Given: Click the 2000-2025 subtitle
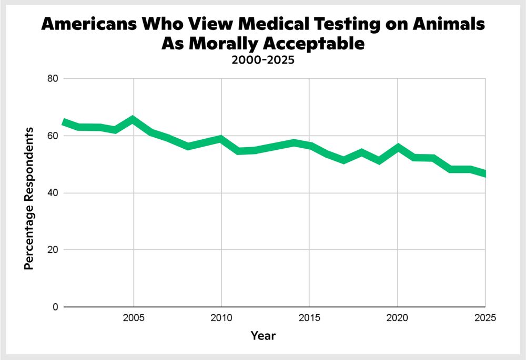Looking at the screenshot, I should click(x=262, y=60).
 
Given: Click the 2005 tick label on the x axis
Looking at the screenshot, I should click(x=134, y=318).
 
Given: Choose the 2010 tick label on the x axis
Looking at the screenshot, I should click(x=221, y=318).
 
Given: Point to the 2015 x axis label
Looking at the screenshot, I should click(x=309, y=318).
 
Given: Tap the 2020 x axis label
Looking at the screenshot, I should click(x=397, y=318).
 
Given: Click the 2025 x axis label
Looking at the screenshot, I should click(x=484, y=318).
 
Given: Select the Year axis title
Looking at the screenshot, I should click(x=262, y=335).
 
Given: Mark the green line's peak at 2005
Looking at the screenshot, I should click(x=134, y=119).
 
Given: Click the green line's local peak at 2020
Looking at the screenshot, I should click(x=397, y=147).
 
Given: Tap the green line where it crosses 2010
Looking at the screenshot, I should click(x=221, y=139).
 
